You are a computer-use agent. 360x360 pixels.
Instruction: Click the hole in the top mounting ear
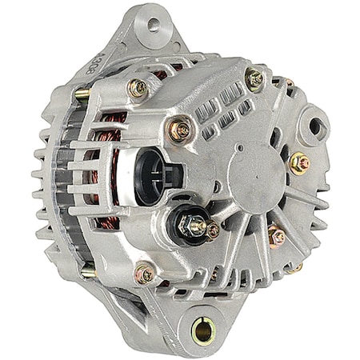(x=153, y=24)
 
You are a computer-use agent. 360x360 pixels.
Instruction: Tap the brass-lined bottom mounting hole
(x=203, y=330)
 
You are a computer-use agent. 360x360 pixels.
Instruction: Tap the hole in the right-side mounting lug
(x=316, y=125)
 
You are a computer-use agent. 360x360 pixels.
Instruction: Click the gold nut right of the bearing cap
(x=299, y=162)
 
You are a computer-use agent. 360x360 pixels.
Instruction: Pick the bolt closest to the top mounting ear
(x=138, y=88)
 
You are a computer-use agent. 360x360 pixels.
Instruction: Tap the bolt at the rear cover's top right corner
(x=254, y=78)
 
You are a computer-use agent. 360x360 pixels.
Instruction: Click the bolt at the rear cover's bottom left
(x=146, y=274)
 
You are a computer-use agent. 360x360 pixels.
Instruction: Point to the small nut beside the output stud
(x=213, y=231)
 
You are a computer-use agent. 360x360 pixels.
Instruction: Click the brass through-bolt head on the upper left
(x=82, y=94)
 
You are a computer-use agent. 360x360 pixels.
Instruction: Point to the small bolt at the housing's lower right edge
(x=295, y=267)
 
